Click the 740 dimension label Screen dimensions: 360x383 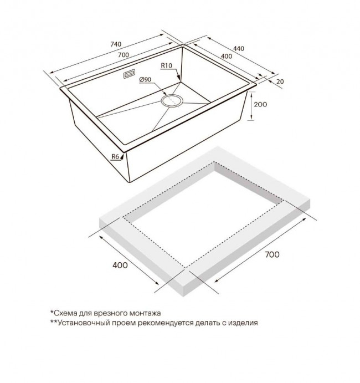(x=116, y=44)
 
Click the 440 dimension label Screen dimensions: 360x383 (x=239, y=49)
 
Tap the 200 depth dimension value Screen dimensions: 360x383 (x=260, y=105)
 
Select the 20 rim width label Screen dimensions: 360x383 (x=280, y=81)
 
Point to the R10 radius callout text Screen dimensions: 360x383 (x=167, y=66)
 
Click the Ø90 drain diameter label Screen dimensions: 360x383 (x=145, y=80)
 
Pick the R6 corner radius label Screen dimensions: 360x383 (x=115, y=156)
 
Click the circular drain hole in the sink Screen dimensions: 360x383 (x=172, y=100)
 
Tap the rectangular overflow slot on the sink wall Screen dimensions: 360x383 (x=129, y=74)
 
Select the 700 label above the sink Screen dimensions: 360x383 (x=124, y=55)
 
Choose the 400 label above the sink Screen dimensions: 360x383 (x=227, y=57)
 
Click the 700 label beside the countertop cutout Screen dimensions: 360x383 (x=272, y=254)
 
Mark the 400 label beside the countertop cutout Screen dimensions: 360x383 (x=120, y=265)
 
